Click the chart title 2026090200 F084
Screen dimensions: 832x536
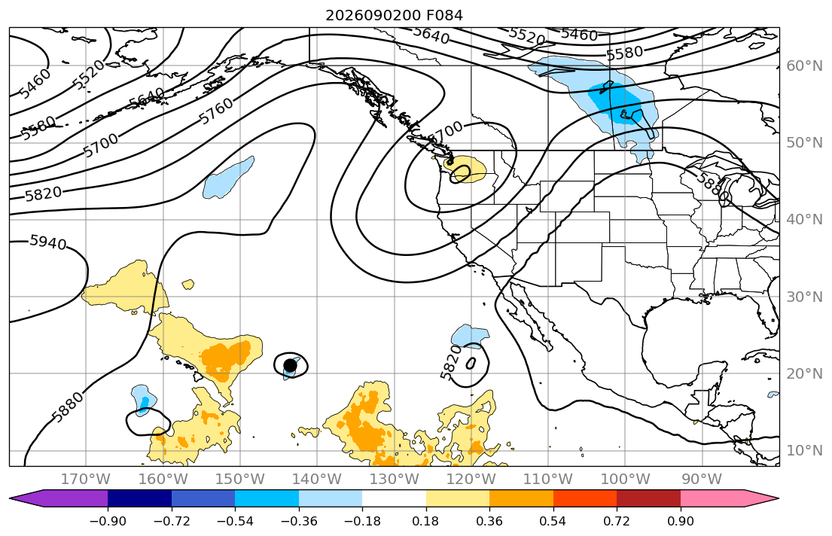(394, 15)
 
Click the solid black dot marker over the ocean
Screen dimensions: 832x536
(290, 365)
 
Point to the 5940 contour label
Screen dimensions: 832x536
(48, 242)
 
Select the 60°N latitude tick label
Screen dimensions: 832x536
(804, 65)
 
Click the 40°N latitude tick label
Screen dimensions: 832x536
(804, 219)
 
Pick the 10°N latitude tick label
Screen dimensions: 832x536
(804, 451)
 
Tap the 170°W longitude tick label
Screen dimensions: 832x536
(86, 480)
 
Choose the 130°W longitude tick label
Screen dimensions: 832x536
(395, 480)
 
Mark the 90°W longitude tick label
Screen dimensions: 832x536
(702, 480)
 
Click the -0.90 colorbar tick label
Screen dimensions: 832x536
(108, 521)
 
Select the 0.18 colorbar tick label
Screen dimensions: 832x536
(426, 521)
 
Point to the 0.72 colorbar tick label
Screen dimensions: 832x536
(617, 521)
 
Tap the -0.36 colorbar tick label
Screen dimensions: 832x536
(299, 521)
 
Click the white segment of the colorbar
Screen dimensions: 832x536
(395, 498)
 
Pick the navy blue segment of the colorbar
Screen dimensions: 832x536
(139, 498)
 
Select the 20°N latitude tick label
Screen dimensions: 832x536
(804, 373)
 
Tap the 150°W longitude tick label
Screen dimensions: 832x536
(240, 480)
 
